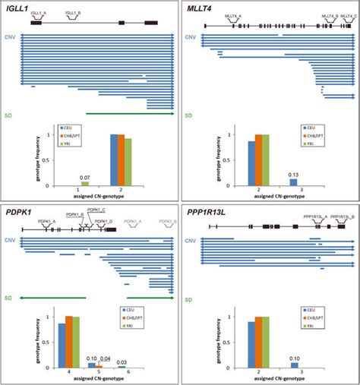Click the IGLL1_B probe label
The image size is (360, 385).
74,13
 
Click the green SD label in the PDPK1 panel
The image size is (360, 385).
8,298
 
